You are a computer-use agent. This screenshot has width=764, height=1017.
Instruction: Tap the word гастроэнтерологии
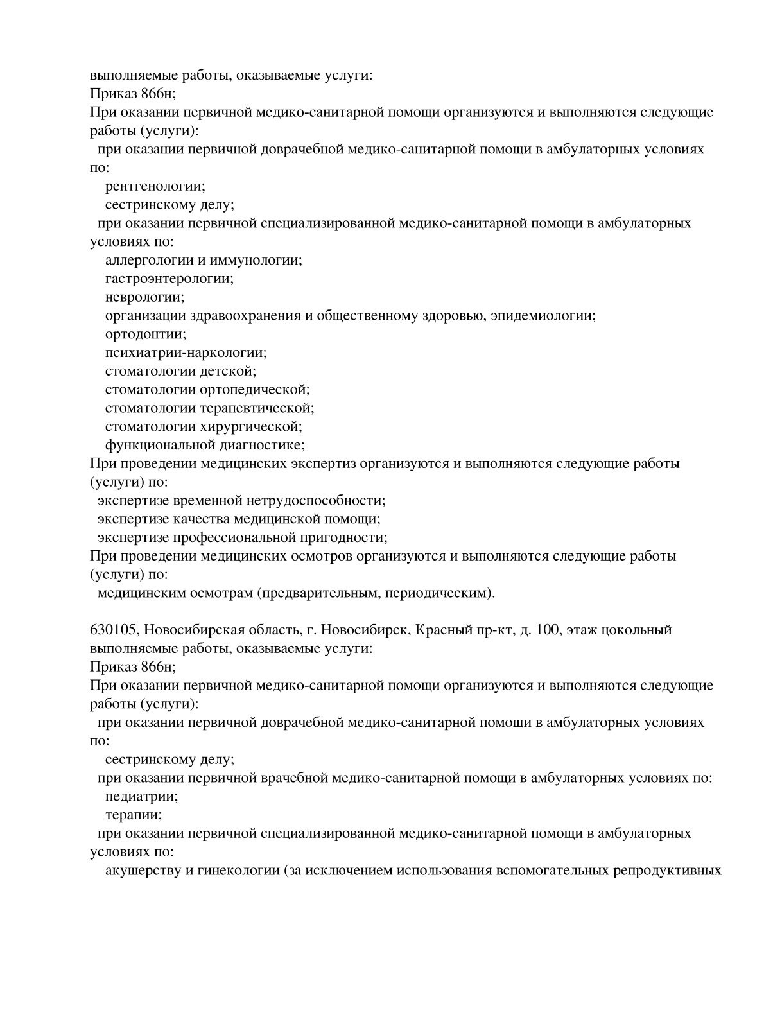coord(168,279)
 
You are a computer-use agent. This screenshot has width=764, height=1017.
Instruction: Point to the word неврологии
coord(144,297)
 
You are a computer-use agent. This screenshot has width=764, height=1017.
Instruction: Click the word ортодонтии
coord(145,334)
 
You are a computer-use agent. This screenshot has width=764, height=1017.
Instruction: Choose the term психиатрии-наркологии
coord(185,352)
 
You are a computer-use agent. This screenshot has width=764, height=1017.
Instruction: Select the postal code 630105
coord(112,630)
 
